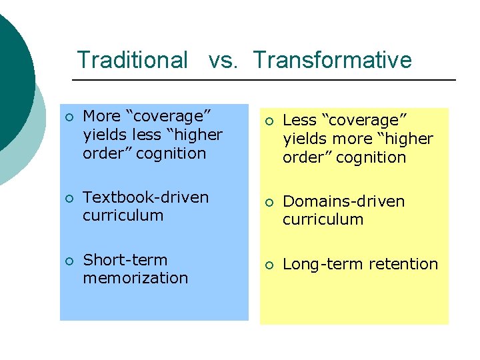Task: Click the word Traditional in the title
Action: (x=132, y=60)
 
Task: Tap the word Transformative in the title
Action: (x=332, y=60)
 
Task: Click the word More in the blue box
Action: (x=100, y=116)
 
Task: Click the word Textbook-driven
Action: (x=145, y=197)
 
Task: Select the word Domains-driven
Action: (x=343, y=201)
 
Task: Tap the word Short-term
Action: (x=125, y=260)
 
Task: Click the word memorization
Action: (x=135, y=278)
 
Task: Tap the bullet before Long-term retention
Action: (x=269, y=265)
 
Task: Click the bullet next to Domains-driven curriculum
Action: (x=269, y=202)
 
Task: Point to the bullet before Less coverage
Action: (x=269, y=121)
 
